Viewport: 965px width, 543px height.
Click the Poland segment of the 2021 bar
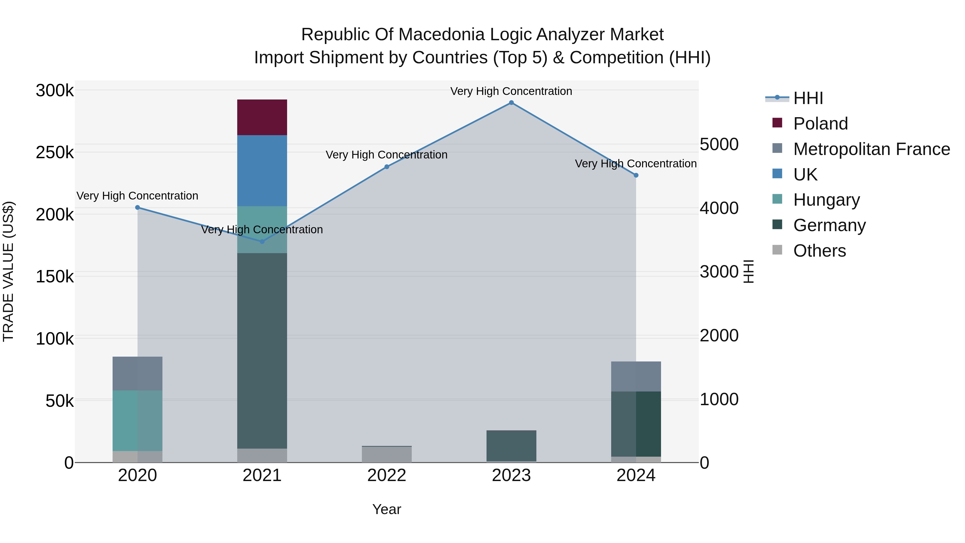point(262,117)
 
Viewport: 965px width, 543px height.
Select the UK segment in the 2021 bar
point(262,171)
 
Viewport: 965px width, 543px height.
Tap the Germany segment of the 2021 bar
point(262,350)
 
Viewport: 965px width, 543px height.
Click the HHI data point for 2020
point(138,207)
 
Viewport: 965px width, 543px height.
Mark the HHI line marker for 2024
point(636,175)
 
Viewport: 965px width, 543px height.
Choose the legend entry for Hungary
point(826,200)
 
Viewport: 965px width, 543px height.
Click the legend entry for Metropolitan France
point(871,149)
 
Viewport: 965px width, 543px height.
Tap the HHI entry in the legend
point(808,98)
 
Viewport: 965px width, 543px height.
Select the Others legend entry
point(819,251)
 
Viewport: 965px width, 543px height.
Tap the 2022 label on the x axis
point(387,475)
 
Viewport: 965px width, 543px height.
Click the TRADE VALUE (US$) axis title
point(9,271)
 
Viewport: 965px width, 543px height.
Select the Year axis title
point(387,509)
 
